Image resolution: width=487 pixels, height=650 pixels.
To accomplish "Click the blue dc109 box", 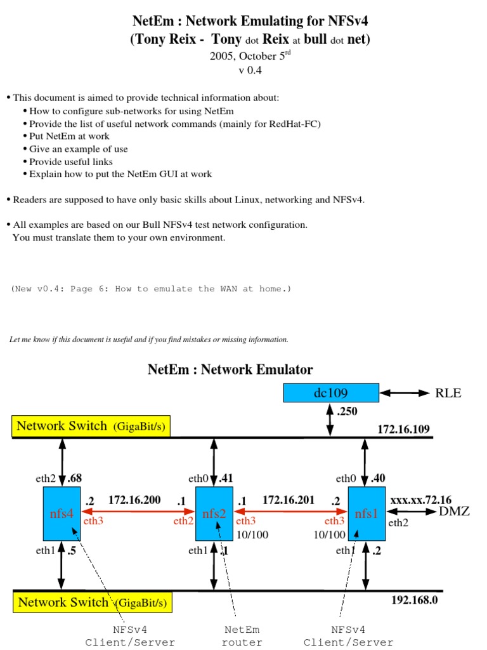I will [330, 393].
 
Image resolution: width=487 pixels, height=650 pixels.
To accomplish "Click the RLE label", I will [448, 393].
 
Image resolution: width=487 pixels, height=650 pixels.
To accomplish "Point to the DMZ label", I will [454, 511].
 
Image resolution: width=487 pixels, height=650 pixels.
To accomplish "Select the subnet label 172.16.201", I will [288, 500].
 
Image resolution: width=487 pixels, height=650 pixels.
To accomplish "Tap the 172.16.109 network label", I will [403, 430].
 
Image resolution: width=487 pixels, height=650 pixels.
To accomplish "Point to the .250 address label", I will [347, 411].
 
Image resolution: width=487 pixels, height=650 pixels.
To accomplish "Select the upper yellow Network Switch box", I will [91, 427].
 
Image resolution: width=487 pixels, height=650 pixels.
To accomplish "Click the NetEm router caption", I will [242, 636].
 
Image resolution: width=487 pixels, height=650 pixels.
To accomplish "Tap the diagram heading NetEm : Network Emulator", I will [230, 369].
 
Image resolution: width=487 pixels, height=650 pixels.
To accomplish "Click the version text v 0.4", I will [250, 70].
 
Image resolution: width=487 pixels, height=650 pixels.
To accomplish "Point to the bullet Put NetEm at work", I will [69, 136].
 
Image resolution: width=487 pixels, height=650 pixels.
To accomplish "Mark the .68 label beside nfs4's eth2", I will [74, 478].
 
